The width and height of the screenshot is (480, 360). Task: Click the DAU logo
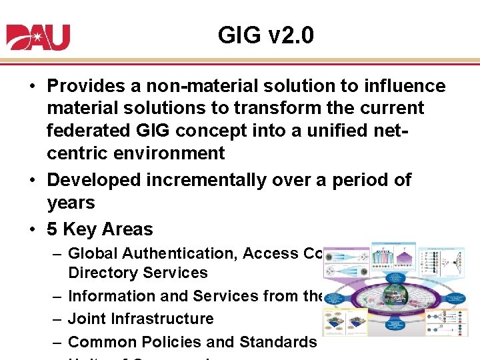click(x=38, y=37)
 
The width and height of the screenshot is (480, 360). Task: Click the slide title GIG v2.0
click(x=265, y=35)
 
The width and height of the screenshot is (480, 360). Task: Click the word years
click(x=71, y=203)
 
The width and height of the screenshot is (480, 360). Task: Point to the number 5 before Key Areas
click(x=51, y=229)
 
